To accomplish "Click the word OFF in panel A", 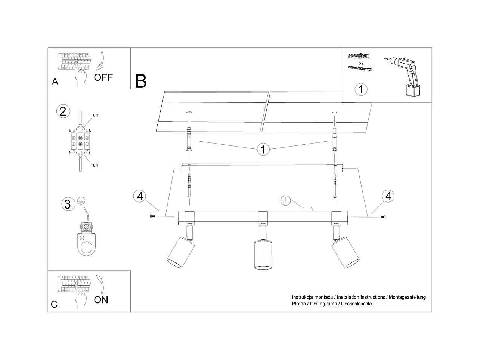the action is click(x=103, y=77).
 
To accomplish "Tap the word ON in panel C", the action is click(x=101, y=300).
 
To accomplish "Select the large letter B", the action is click(x=141, y=81).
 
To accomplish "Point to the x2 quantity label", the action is click(x=361, y=63).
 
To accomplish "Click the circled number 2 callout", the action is click(x=63, y=111).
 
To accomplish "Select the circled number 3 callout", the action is click(x=68, y=204).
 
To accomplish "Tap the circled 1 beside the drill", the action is click(x=361, y=89).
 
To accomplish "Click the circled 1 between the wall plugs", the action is click(x=263, y=149).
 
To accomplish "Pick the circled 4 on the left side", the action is click(x=140, y=196).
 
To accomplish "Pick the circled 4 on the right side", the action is click(x=388, y=196).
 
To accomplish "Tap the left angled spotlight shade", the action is click(x=181, y=253).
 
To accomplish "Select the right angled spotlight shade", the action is click(x=346, y=253).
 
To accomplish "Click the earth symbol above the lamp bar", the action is click(x=285, y=201).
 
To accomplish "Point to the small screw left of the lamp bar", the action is click(x=152, y=216).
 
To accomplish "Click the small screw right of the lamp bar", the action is click(x=383, y=217).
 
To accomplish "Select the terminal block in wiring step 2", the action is click(x=80, y=141).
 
